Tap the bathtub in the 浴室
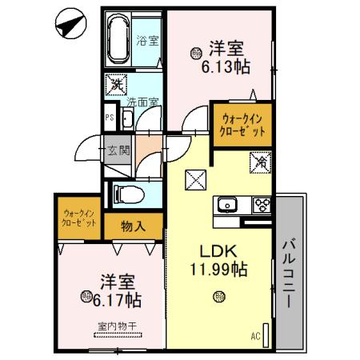click(x=121, y=39)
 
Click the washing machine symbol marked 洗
click(x=117, y=83)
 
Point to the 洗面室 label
click(x=142, y=102)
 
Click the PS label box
click(x=109, y=118)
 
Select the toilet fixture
click(x=128, y=194)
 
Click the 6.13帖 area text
click(x=226, y=67)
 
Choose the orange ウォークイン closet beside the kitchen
click(x=242, y=126)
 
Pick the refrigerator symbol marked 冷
click(x=261, y=162)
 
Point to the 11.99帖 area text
click(x=218, y=270)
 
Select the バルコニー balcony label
click(x=290, y=272)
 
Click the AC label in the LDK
click(x=255, y=335)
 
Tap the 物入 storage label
click(x=134, y=226)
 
